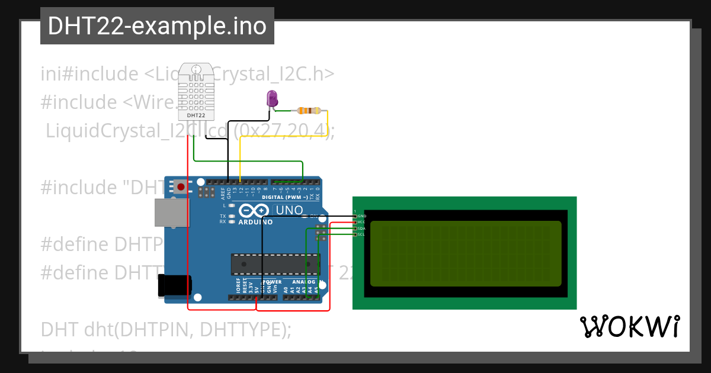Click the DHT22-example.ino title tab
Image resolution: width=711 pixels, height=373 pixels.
(x=157, y=27)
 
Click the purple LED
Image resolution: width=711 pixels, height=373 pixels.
(x=272, y=99)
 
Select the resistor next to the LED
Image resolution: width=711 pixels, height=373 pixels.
(x=309, y=111)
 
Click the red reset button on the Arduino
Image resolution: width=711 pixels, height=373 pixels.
(x=181, y=188)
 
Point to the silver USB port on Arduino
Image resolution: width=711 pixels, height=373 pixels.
(x=170, y=212)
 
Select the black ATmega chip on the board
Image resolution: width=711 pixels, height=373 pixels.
(x=274, y=265)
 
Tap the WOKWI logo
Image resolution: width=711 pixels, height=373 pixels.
(x=629, y=327)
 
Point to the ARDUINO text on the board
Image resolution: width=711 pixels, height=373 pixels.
(x=255, y=223)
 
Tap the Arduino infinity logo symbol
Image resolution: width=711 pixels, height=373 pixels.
(x=254, y=210)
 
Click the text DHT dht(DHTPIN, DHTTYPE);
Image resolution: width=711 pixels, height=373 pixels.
(x=166, y=329)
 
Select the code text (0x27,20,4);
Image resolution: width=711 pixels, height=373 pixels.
(x=284, y=131)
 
